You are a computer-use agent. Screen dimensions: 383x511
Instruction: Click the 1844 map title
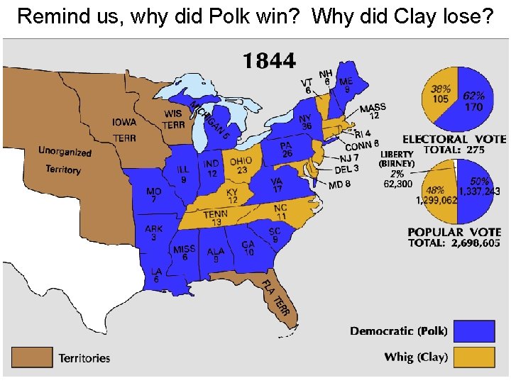click(269, 61)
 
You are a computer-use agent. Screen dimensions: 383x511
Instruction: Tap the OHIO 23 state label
click(241, 165)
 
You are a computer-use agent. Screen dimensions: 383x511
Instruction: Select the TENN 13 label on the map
click(216, 218)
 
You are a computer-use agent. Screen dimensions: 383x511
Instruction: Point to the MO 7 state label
click(153, 196)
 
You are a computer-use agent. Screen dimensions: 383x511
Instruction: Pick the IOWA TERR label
click(124, 129)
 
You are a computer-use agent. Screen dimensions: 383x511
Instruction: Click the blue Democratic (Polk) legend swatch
click(474, 331)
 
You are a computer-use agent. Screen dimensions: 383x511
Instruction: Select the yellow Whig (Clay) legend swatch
click(474, 356)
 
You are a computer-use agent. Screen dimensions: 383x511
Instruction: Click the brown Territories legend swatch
click(31, 357)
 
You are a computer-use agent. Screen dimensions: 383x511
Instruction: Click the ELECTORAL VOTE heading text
click(454, 140)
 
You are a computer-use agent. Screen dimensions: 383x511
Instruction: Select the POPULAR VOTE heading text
click(454, 232)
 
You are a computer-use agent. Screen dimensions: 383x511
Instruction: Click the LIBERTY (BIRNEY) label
click(397, 159)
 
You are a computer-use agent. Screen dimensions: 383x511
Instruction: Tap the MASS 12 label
click(373, 111)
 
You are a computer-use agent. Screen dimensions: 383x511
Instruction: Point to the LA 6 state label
click(156, 274)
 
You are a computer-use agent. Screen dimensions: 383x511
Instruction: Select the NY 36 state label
click(306, 122)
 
